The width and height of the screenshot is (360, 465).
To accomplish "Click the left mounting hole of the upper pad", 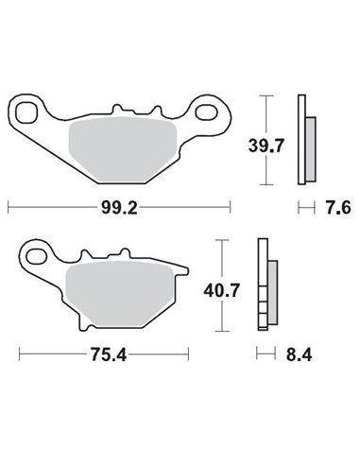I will [28, 111].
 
